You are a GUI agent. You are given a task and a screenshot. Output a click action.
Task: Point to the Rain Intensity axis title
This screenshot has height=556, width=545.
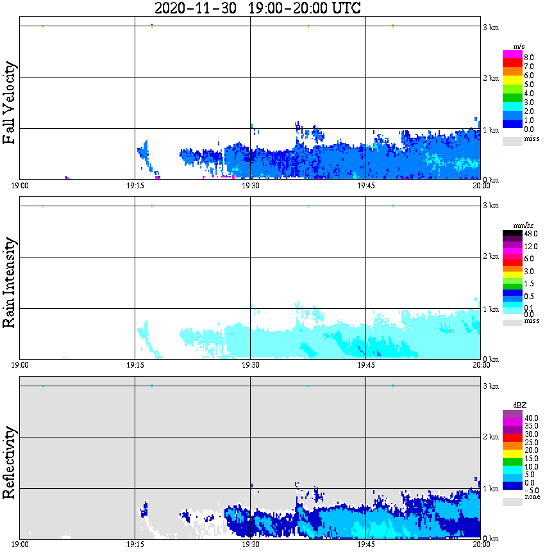(10, 282)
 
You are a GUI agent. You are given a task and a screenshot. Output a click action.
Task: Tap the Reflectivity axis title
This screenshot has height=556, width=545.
(10, 462)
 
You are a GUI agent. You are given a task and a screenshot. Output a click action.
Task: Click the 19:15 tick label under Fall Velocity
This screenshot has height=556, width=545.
(135, 186)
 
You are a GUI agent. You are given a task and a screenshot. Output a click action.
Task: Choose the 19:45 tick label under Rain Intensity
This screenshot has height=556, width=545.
(365, 366)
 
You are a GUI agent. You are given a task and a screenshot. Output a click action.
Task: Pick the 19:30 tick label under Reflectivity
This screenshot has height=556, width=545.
(250, 546)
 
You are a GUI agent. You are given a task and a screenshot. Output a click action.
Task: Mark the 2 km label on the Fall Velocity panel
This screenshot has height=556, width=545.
(491, 78)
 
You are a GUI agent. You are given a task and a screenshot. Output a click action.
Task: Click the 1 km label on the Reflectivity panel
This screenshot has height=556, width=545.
(491, 489)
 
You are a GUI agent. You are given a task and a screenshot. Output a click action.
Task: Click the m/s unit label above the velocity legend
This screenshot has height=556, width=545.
(519, 46)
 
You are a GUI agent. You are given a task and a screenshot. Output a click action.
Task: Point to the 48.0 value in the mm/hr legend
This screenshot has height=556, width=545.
(530, 234)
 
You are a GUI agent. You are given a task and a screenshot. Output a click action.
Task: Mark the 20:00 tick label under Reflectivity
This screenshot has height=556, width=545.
(482, 546)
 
